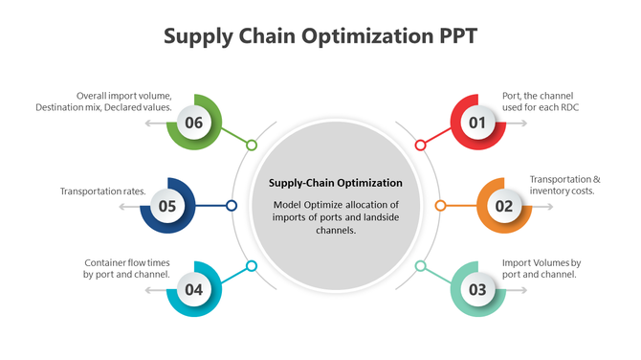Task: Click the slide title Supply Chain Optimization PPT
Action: coord(320,36)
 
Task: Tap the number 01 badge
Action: coord(477,123)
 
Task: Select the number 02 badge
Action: coord(503,205)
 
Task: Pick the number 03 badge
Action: coord(477,288)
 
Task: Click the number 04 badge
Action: coord(194,288)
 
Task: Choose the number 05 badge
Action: coord(167,205)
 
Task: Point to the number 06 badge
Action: coord(194,123)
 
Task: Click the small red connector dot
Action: coord(420,146)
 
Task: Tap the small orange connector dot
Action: coord(440,205)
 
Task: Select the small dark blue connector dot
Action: coord(232,205)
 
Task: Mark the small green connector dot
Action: coord(252,146)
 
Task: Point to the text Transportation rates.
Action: coord(102,191)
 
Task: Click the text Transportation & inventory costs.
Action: coord(564,185)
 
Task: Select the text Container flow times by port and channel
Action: coord(127,268)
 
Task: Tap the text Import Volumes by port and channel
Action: coord(542,268)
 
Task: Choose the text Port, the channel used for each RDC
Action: coord(541,101)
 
